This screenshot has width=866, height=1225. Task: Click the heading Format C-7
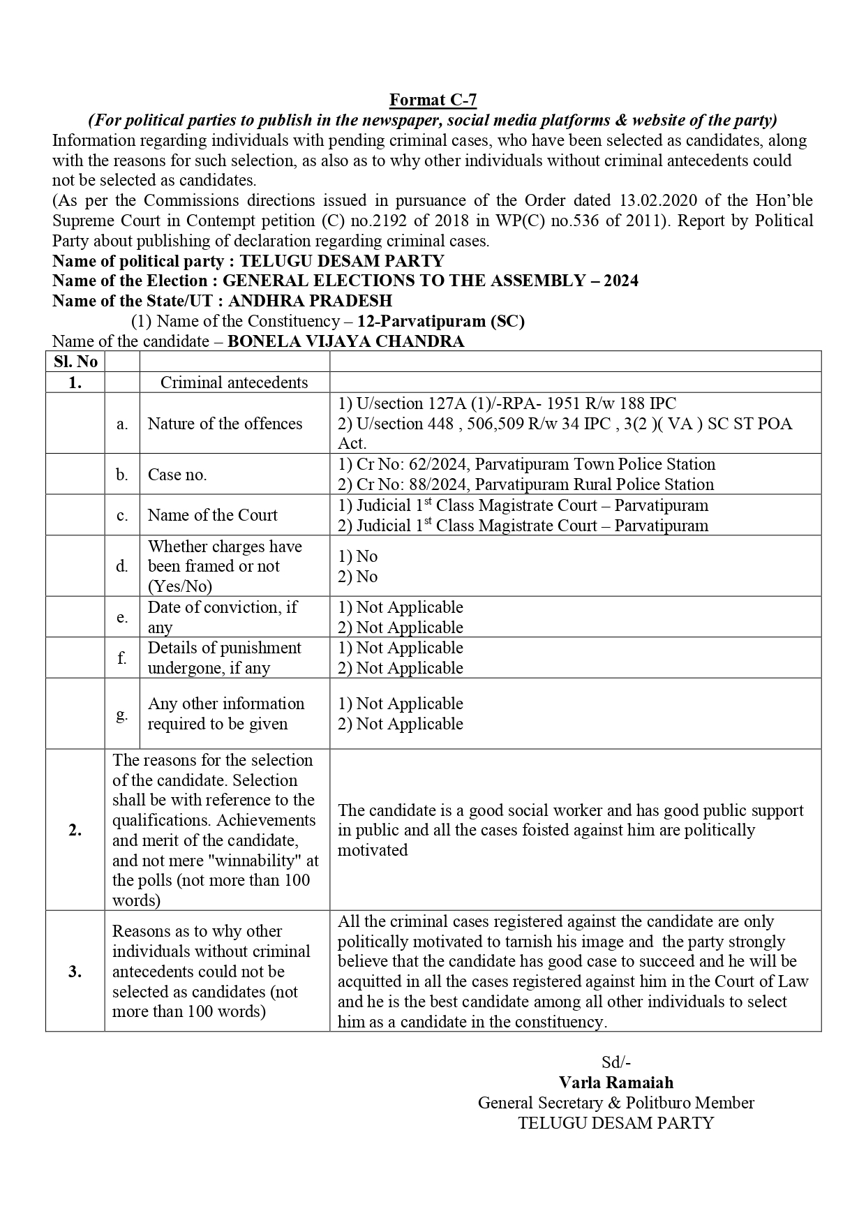click(x=433, y=100)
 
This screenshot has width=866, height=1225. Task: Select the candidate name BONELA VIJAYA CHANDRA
click(x=345, y=341)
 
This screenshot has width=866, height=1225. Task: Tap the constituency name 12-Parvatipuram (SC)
click(x=440, y=321)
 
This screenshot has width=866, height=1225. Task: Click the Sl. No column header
click(x=75, y=362)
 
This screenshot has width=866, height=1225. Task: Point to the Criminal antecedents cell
click(x=234, y=383)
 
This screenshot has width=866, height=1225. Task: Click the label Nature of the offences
click(x=225, y=424)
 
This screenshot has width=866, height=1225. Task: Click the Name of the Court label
click(x=212, y=515)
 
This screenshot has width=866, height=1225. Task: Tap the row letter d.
click(x=122, y=566)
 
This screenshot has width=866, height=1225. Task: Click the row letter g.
click(x=122, y=714)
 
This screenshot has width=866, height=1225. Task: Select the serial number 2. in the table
click(x=75, y=830)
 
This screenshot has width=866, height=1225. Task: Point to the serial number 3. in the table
click(x=75, y=971)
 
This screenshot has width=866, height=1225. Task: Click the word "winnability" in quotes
click(x=253, y=861)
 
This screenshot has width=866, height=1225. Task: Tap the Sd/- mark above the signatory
click(x=615, y=1062)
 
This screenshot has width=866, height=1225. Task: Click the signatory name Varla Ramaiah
click(x=615, y=1083)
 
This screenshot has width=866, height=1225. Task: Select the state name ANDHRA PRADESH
click(x=310, y=301)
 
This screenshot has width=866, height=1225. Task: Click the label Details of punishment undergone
click(x=224, y=658)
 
